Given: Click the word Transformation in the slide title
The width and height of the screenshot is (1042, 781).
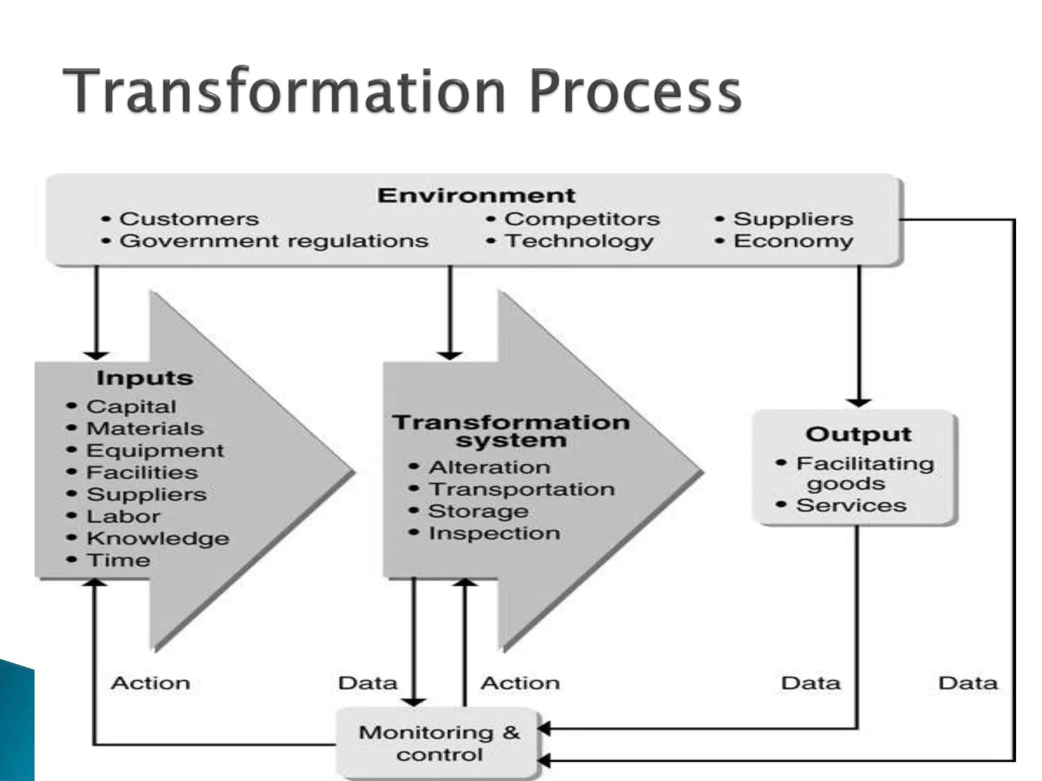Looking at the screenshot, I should [x=285, y=92].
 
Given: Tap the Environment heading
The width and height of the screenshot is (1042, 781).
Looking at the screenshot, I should [x=476, y=196].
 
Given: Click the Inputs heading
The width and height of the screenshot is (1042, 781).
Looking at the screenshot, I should [x=144, y=378].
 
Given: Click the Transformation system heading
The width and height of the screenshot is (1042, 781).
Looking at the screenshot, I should [x=511, y=431].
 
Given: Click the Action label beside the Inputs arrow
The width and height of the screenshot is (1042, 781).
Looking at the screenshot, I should [x=151, y=683].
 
